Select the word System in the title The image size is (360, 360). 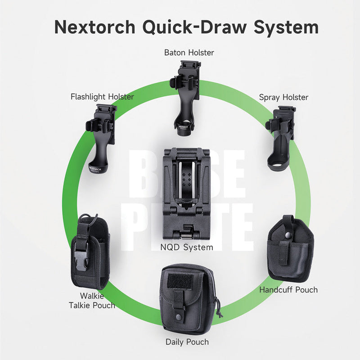pos(286,27)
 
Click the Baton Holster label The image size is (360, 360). pos(189,53)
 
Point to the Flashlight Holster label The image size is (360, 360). pos(102,97)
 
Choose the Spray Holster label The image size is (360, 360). pos(284,97)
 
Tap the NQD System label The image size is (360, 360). pos(187,247)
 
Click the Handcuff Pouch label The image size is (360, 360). pos(288,290)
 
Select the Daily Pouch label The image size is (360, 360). pos(187,342)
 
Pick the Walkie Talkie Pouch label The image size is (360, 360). pos(92,301)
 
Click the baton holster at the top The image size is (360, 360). pos(185,99)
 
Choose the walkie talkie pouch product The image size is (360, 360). pos(90,252)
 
